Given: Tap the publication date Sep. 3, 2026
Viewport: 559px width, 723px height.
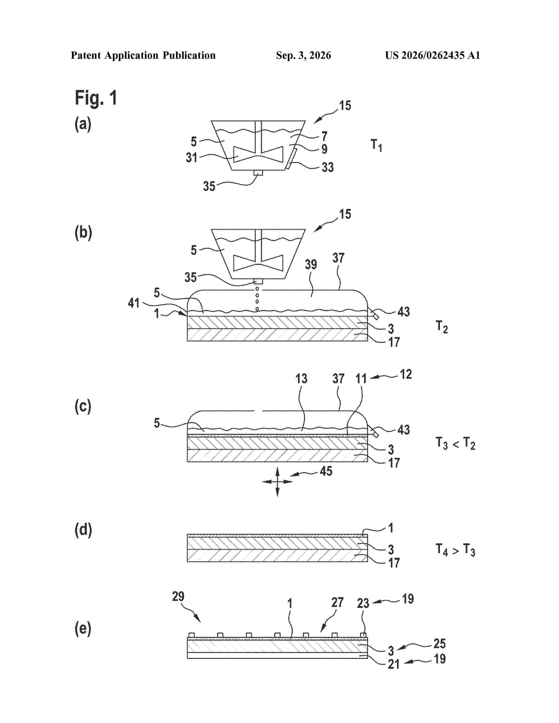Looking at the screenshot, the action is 303,55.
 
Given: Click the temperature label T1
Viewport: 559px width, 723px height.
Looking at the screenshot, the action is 376,145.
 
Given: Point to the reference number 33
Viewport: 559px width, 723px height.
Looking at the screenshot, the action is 328,167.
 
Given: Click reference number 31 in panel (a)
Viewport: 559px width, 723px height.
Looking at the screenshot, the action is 191,157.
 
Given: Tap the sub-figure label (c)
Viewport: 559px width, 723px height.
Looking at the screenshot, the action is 83,406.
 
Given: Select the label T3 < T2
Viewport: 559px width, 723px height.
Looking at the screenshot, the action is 455,443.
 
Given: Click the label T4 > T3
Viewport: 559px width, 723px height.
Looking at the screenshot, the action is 455,550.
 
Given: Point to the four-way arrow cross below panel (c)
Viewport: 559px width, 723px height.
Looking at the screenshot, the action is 277,482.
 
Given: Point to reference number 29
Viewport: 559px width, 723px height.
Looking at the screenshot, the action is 178,597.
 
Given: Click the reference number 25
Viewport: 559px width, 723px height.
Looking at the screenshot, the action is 440,643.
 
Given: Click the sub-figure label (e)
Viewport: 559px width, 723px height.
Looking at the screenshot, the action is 83,628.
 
